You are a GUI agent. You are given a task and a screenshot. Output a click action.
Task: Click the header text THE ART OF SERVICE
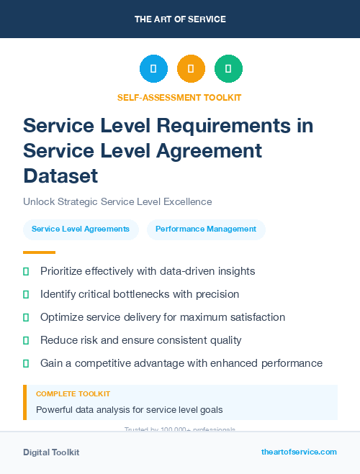click(x=180, y=19)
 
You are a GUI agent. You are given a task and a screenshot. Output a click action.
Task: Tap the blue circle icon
click(x=153, y=69)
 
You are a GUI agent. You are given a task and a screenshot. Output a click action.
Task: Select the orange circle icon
click(x=191, y=69)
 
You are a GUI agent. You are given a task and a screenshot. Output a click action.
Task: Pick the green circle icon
click(x=228, y=69)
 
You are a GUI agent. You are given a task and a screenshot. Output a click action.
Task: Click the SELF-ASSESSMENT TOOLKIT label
click(x=179, y=97)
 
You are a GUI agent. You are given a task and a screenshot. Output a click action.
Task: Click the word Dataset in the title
click(x=60, y=176)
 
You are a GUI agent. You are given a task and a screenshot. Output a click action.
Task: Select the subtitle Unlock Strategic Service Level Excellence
click(x=117, y=202)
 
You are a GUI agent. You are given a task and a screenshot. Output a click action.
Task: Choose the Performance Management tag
click(x=206, y=229)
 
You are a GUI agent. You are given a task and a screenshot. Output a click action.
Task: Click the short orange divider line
click(x=39, y=252)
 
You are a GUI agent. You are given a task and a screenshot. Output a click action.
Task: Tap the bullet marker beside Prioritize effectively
click(x=26, y=271)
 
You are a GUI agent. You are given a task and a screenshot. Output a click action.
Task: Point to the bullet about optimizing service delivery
click(x=163, y=317)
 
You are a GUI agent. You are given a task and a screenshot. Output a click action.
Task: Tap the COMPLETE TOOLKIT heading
click(x=73, y=394)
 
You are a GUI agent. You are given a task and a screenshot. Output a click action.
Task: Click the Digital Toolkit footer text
click(x=51, y=452)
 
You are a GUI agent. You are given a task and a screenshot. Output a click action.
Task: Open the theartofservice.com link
click(x=299, y=452)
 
